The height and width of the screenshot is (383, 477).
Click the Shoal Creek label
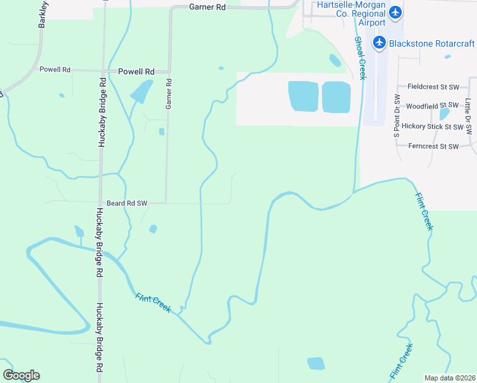pos(360,57)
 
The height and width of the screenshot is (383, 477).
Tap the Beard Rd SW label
pos(127,203)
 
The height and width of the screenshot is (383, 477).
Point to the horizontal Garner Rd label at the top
pos(208,7)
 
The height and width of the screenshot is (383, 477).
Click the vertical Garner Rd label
pos(169,94)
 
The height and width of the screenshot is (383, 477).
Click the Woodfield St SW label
pos(432,105)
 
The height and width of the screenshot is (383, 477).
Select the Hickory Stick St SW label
pos(436,126)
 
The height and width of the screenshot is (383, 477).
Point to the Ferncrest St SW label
pos(433,146)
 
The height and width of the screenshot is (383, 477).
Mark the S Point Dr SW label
pos(397,116)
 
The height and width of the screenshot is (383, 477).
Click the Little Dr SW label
pos(469,116)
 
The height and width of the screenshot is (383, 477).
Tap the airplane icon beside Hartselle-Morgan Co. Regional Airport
pos(395,12)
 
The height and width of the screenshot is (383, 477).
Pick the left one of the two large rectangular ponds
pos(304,96)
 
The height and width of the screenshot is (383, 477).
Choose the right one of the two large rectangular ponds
pos(336,97)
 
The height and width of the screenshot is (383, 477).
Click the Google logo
pos(21,375)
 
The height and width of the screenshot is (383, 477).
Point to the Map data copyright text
pos(450,378)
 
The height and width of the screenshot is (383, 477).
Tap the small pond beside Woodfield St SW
pos(444,114)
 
